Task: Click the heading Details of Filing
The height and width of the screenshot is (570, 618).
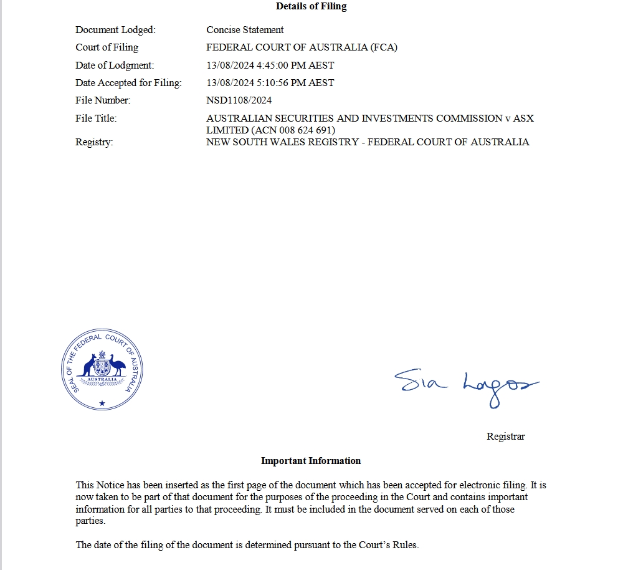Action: [x=311, y=6]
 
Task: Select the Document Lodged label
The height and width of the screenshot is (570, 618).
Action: [x=115, y=30]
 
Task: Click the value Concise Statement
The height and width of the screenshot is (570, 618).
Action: [x=245, y=30]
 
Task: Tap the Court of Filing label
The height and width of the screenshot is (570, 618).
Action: [x=107, y=47]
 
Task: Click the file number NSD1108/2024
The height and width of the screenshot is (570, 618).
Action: [x=239, y=100]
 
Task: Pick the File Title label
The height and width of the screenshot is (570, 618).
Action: [x=96, y=118]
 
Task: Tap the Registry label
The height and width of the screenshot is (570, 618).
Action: [x=94, y=142]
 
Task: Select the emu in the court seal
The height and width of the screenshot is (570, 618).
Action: [x=116, y=365]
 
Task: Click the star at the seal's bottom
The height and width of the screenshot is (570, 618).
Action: [x=103, y=403]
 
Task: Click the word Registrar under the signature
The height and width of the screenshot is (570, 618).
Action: [x=505, y=437]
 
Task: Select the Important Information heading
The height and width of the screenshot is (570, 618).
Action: [x=310, y=461]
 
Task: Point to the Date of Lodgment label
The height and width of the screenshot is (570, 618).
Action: [x=115, y=65]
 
